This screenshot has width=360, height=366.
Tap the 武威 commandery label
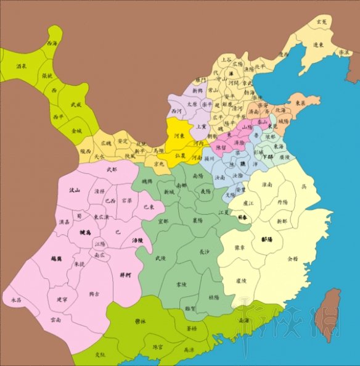coord(76,105)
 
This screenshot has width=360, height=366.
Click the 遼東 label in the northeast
coord(318,45)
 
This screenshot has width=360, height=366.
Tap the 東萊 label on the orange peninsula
coord(299,103)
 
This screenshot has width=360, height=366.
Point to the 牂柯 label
coord(125,257)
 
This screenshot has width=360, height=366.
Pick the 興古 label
coord(94,294)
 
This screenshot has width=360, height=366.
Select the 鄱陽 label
coord(267,238)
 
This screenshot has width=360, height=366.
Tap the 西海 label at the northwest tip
coord(52,44)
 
